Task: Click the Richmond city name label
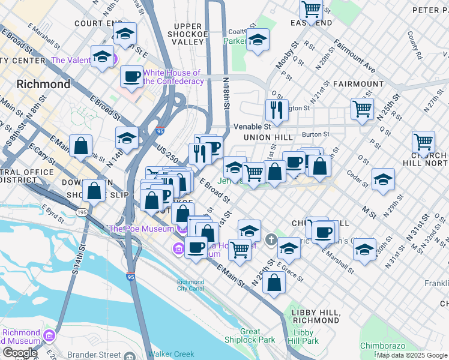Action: pos(43,84)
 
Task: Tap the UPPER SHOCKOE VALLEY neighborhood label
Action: pos(197,34)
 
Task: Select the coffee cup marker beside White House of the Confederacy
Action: pos(131,76)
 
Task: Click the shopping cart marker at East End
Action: pos(311,9)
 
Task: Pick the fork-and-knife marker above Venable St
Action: pos(276,110)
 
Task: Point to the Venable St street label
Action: pos(252,127)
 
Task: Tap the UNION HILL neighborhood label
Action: pos(267,137)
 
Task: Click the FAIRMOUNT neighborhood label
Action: pos(358,84)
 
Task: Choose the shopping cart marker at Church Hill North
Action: pos(423,142)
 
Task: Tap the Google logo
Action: pos(20,353)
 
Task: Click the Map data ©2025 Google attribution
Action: pos(412,355)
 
